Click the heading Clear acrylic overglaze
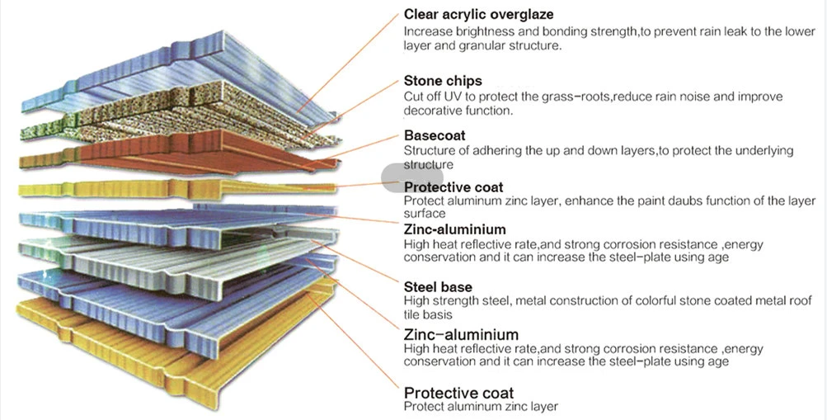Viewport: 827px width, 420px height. tap(478, 15)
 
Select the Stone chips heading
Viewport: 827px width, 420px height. tap(443, 81)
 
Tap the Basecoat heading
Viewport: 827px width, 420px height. tap(435, 135)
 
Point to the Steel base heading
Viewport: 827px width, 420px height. tap(438, 287)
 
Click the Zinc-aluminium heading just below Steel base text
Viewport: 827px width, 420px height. tap(461, 334)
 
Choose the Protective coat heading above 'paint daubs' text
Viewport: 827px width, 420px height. tap(453, 187)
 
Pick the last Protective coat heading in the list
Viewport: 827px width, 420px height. tap(458, 393)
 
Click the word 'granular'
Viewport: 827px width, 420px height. tap(482, 46)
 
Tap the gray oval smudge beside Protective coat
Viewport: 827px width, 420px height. tap(412, 177)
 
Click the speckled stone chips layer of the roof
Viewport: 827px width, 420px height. tap(179, 116)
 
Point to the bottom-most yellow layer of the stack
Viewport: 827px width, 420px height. tap(174, 343)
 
